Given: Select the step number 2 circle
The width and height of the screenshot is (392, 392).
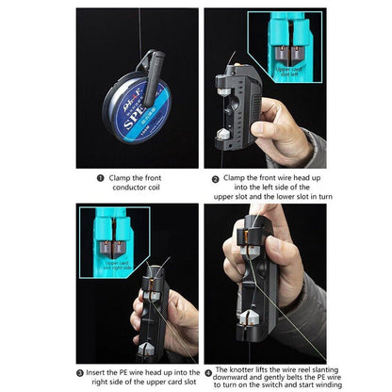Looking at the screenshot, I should point(215,176).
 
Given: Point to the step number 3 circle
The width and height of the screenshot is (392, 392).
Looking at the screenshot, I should point(81,371).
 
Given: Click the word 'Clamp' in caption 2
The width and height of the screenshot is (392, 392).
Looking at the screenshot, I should point(237,176).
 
